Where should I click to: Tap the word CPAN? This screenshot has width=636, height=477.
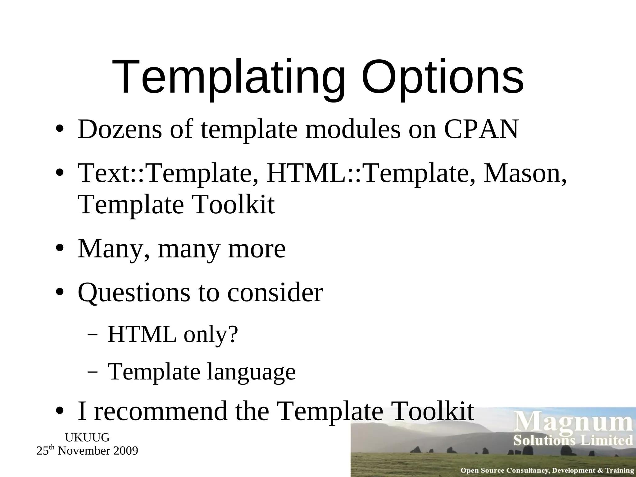click(481, 129)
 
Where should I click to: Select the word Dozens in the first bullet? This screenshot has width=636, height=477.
click(120, 129)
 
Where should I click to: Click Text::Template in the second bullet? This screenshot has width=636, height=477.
click(168, 174)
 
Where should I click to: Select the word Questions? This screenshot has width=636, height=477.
click(134, 293)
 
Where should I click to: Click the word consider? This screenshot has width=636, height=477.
click(275, 293)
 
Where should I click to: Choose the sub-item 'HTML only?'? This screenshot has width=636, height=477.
click(173, 335)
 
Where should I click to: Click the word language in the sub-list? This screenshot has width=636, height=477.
click(252, 372)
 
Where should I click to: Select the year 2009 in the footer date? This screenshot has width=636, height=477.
click(125, 451)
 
